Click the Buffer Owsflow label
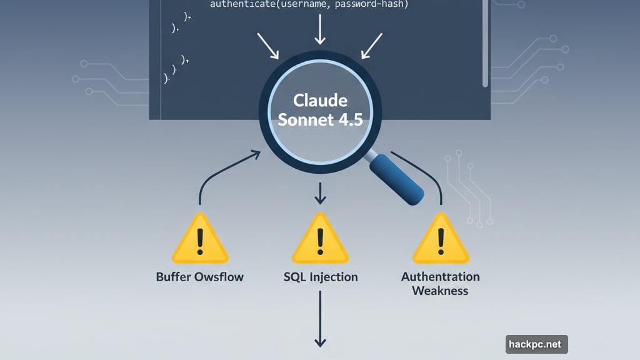[x=200, y=277]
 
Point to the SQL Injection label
[x=321, y=277]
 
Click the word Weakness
[x=440, y=291]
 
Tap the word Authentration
[x=441, y=276]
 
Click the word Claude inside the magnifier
[x=320, y=101]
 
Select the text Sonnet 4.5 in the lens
[x=320, y=120]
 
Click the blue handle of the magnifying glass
[x=397, y=178]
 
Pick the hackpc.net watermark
[x=536, y=344]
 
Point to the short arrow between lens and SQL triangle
[x=320, y=194]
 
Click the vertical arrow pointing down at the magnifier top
[x=320, y=29]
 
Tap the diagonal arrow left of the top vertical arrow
[x=267, y=46]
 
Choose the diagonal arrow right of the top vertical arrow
[x=372, y=46]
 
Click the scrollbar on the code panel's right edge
[x=485, y=44]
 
